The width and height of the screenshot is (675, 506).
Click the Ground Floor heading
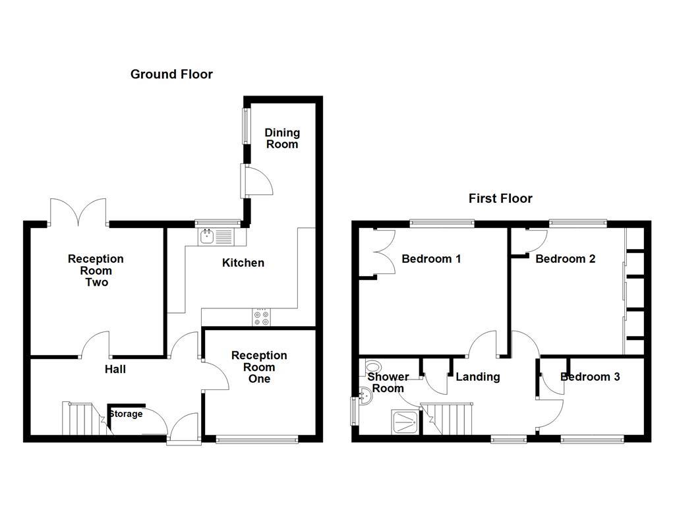(x=171, y=74)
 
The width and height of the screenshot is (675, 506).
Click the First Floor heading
(x=500, y=198)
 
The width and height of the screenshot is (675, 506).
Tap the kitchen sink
(x=214, y=235)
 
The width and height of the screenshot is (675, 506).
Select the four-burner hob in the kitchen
(x=261, y=318)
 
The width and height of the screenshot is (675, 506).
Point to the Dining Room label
(x=282, y=138)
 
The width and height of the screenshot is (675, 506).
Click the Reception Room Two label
(x=96, y=271)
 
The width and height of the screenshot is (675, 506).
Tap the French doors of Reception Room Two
(x=78, y=213)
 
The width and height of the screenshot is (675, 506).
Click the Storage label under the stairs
(x=125, y=414)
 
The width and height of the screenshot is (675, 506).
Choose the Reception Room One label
(x=259, y=367)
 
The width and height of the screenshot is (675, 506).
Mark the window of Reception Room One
(x=256, y=439)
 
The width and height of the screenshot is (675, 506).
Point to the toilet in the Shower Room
(x=373, y=368)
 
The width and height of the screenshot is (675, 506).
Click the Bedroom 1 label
(x=431, y=259)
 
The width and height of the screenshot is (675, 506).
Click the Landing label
(x=478, y=377)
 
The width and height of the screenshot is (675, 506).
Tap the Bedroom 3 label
(x=590, y=377)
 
